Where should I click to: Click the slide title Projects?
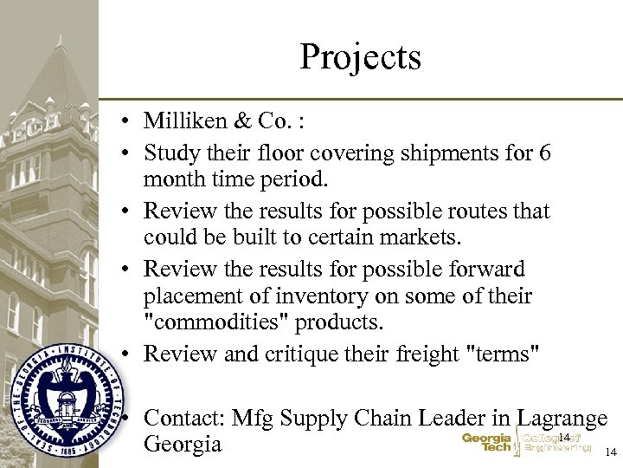point(360,57)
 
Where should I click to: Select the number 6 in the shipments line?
point(543,153)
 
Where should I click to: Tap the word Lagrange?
point(562,418)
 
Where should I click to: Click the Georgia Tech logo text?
point(487,443)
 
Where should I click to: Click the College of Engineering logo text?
point(555,443)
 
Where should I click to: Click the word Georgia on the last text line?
point(183,445)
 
